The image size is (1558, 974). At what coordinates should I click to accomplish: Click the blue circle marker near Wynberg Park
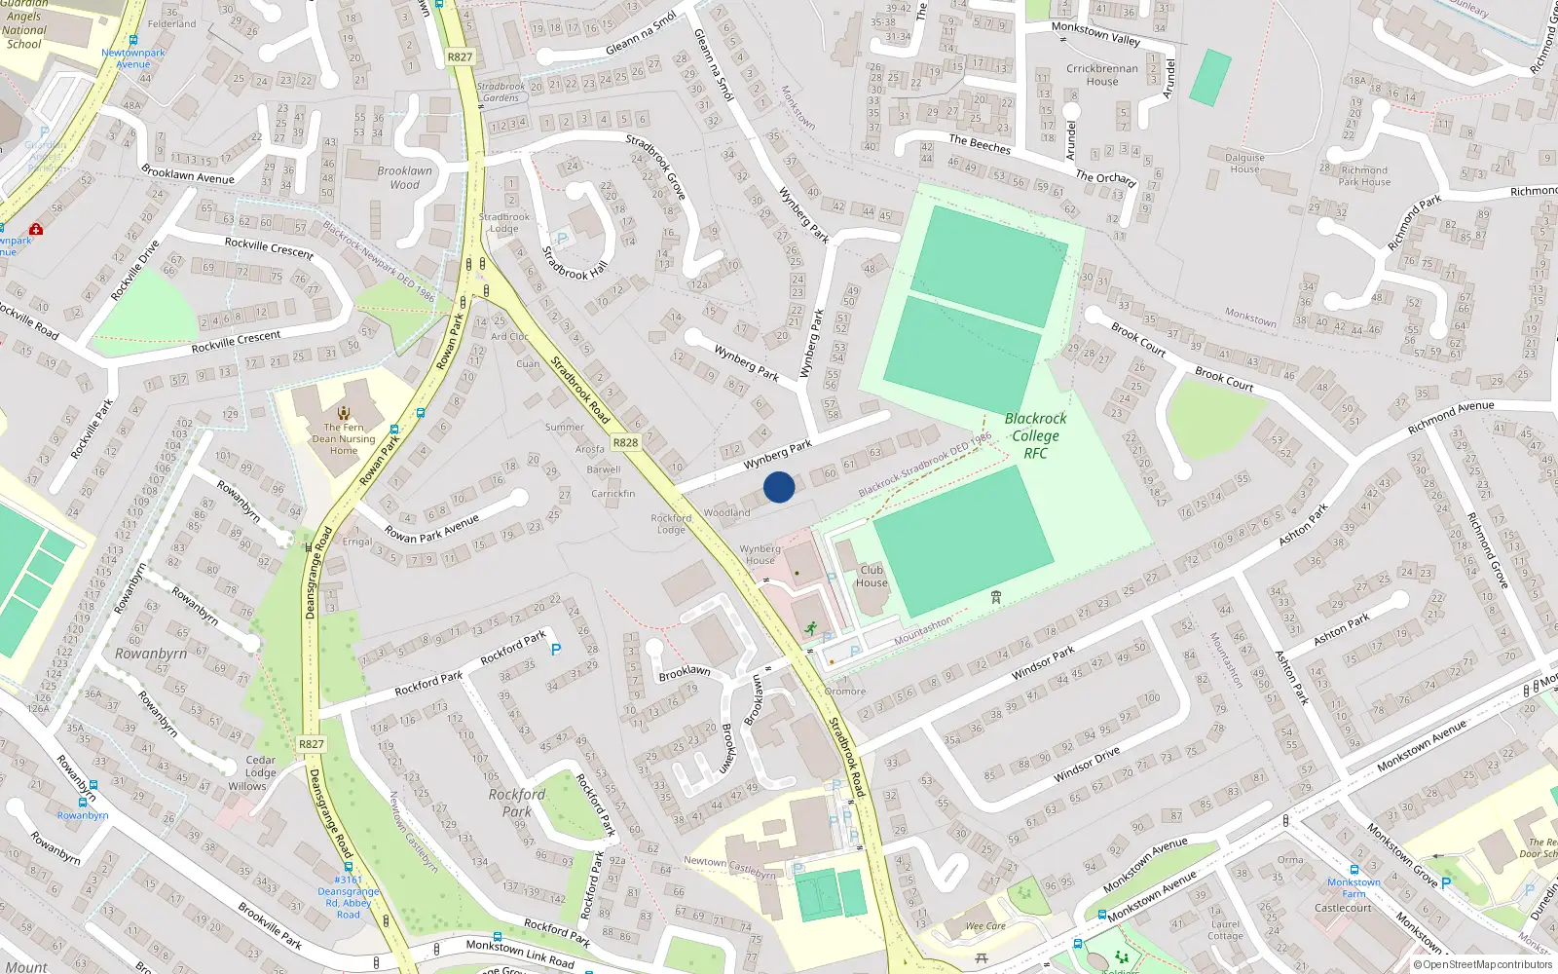point(779,487)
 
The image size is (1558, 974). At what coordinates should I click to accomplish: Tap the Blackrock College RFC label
point(1035,435)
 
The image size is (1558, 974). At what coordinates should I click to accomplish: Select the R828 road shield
point(625,443)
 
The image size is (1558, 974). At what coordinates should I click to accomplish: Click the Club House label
point(872,577)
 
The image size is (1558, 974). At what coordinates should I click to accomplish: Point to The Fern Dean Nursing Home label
point(344,438)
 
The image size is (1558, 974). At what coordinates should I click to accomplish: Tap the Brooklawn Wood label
point(404,177)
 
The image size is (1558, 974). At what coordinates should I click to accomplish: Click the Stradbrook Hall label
point(574,262)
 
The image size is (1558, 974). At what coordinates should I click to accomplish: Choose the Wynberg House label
point(760,554)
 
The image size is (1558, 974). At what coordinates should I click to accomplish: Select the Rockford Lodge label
point(671,524)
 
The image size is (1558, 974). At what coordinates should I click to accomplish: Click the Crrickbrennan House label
point(1102,75)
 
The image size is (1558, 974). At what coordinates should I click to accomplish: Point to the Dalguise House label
point(1244,163)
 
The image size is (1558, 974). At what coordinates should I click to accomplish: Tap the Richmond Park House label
point(1364,175)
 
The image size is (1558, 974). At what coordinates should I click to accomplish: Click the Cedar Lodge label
point(260,767)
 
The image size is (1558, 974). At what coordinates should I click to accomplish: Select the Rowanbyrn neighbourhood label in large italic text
point(151,654)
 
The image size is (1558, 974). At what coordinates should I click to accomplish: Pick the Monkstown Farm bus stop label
point(1354,887)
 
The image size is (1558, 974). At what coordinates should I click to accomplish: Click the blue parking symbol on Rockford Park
point(556,649)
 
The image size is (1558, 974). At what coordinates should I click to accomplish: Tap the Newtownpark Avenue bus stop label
point(132,58)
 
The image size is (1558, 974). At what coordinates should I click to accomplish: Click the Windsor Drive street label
point(1087,765)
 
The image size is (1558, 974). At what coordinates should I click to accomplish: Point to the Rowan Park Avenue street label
point(431,530)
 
